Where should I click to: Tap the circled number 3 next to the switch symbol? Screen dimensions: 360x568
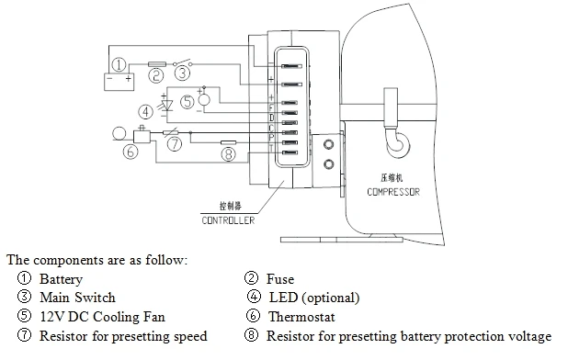pyautogui.click(x=183, y=71)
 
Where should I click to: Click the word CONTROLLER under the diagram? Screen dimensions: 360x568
pyautogui.click(x=227, y=220)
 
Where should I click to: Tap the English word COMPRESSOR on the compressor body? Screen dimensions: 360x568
pyautogui.click(x=392, y=192)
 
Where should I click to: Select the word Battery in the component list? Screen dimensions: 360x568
pyautogui.click(x=61, y=279)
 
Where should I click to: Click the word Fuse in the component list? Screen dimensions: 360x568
pyautogui.click(x=280, y=279)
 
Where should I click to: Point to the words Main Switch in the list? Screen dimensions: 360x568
pyautogui.click(x=77, y=298)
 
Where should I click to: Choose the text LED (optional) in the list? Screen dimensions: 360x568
pyautogui.click(x=313, y=298)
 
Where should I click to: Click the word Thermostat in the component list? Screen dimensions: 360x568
pyautogui.click(x=298, y=317)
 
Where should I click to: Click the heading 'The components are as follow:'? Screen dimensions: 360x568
pyautogui.click(x=97, y=260)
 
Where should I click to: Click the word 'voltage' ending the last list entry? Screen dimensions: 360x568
pyautogui.click(x=528, y=336)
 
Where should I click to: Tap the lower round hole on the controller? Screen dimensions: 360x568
pyautogui.click(x=329, y=164)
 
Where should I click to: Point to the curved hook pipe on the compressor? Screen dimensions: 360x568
pyautogui.click(x=396, y=141)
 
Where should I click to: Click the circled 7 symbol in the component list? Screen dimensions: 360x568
pyautogui.click(x=22, y=336)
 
